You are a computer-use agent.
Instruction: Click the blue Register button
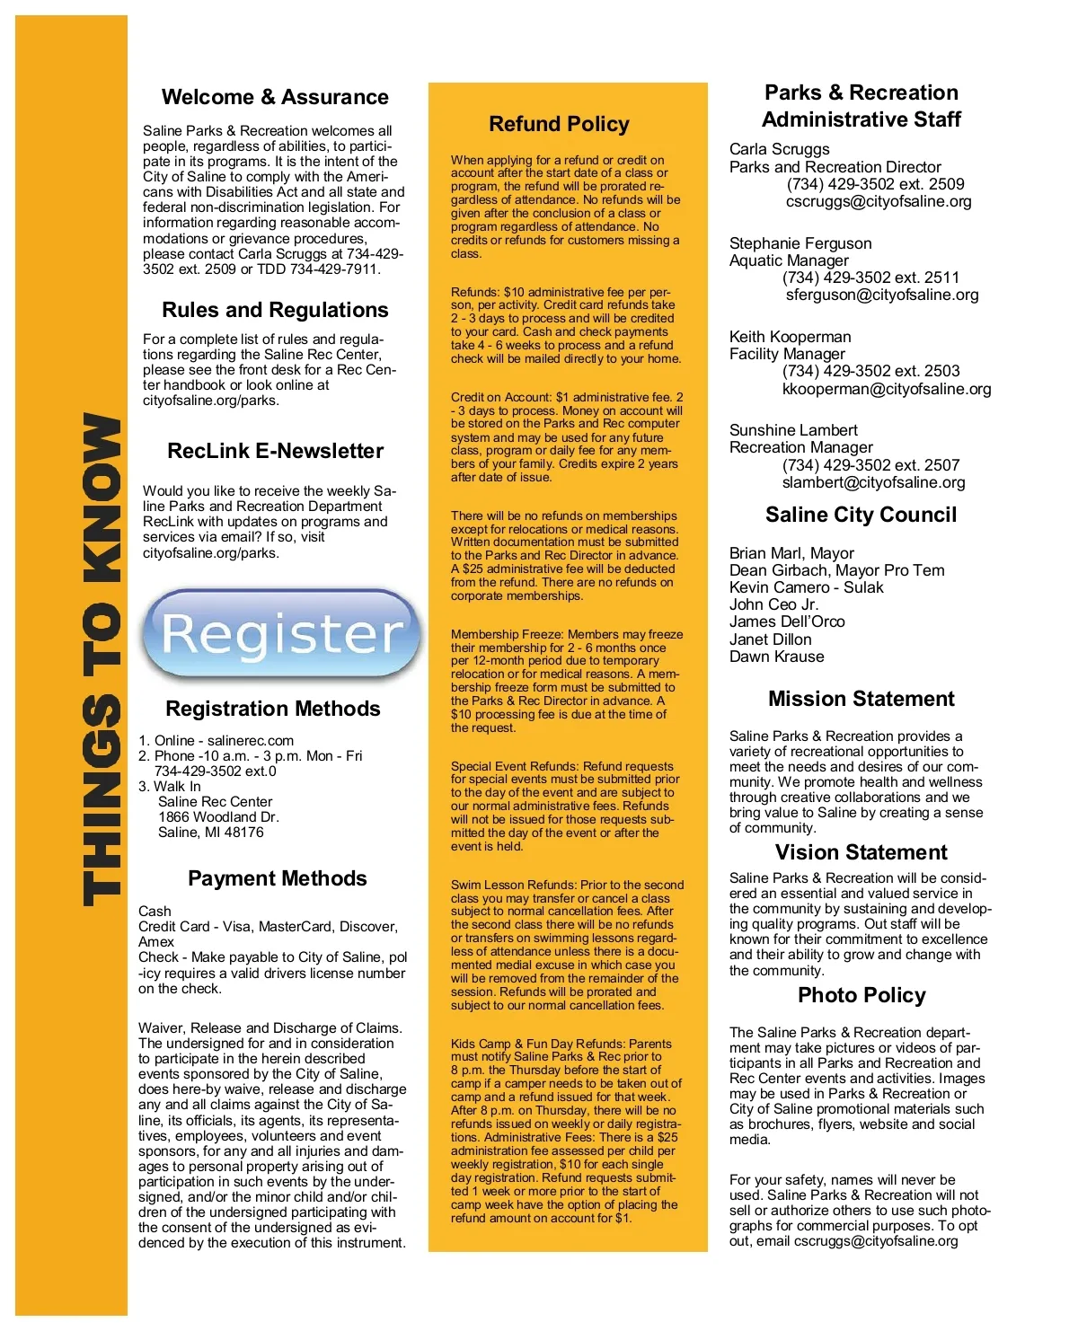click(x=280, y=634)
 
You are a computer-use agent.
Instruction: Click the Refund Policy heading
click(x=559, y=124)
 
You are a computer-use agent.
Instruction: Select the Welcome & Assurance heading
click(x=275, y=97)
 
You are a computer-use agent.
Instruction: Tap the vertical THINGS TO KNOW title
click(x=102, y=660)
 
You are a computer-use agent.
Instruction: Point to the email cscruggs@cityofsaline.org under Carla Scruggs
click(x=878, y=201)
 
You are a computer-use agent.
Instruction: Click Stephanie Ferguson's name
click(x=800, y=243)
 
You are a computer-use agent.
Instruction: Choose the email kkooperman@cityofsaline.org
click(x=886, y=389)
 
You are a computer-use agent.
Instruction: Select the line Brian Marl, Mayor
click(x=791, y=553)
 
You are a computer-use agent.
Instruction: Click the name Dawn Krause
click(x=776, y=657)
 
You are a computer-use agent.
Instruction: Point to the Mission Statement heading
click(x=861, y=699)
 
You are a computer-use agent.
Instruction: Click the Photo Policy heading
click(x=861, y=995)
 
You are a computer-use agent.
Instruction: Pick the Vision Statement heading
click(x=861, y=852)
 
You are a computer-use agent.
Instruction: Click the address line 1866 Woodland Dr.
click(x=218, y=817)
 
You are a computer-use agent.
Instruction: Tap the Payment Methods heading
click(x=277, y=878)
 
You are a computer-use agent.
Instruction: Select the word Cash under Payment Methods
click(x=155, y=912)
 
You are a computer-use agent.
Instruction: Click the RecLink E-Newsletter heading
click(x=275, y=451)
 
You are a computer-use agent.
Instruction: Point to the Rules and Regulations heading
click(x=275, y=310)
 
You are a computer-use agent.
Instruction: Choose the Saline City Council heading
click(x=861, y=515)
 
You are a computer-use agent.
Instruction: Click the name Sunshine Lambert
click(x=793, y=430)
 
